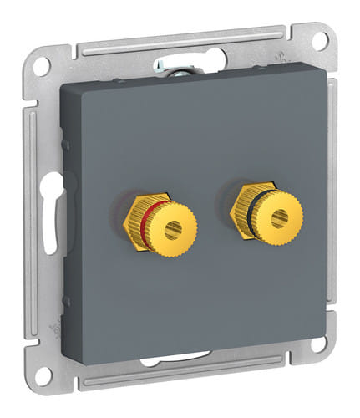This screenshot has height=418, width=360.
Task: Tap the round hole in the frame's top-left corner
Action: point(43,64)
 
